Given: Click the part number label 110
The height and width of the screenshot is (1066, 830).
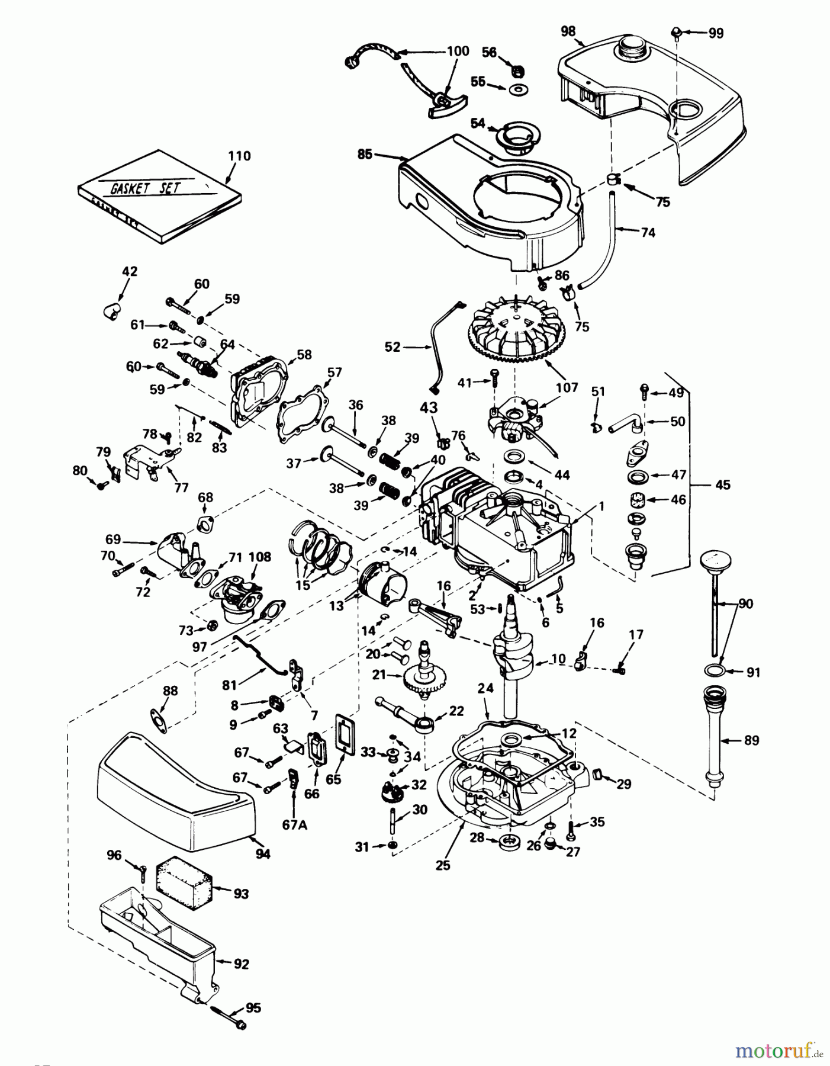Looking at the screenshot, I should coord(239,156).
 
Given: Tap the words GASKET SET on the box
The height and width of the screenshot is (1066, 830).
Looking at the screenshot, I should coord(146,188).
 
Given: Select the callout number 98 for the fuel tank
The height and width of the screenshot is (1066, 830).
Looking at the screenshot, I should coord(568,31).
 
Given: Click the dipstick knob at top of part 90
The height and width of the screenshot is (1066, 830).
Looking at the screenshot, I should coord(715,560).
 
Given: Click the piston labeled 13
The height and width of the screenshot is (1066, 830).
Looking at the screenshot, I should coord(385,586).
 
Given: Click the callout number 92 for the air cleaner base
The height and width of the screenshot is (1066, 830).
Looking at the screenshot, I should coord(241,964).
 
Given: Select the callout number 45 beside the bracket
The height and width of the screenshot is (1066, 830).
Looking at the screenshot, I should coord(722,484).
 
